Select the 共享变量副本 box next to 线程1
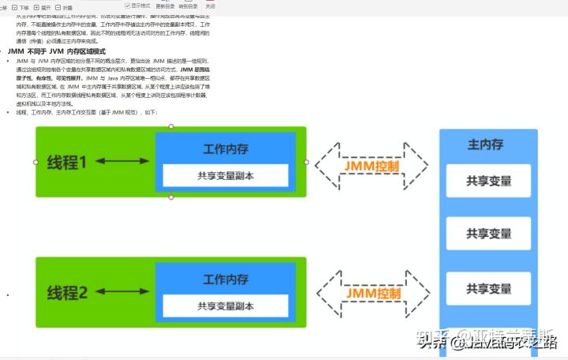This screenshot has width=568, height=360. pyautogui.click(x=226, y=175)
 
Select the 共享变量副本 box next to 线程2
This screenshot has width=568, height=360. pyautogui.click(x=226, y=306)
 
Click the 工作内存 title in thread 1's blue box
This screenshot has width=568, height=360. pyautogui.click(x=226, y=148)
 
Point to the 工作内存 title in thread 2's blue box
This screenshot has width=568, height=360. pyautogui.click(x=226, y=279)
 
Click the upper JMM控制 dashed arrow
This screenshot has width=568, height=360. pyautogui.click(x=372, y=167)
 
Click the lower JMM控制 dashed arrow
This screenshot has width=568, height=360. pyautogui.click(x=372, y=293)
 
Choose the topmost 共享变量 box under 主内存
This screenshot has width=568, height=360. pyautogui.click(x=488, y=181)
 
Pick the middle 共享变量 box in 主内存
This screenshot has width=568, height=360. pyautogui.click(x=488, y=234)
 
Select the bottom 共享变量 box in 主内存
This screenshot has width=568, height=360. pyautogui.click(x=488, y=288)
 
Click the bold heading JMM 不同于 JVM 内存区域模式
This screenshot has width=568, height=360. pyautogui.click(x=56, y=51)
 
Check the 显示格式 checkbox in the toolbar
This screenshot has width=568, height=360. pyautogui.click(x=128, y=6)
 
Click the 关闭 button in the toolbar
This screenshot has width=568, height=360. pyautogui.click(x=210, y=6)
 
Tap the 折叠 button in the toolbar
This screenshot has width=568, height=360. pyautogui.click(x=63, y=7)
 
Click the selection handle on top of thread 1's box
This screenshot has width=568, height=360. pyautogui.click(x=171, y=126)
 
